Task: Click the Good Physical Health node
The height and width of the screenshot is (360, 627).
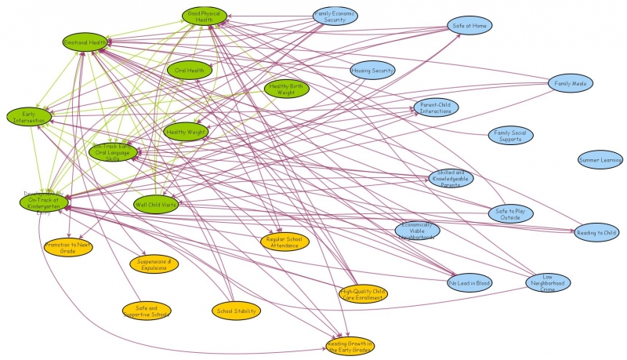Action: (205, 16)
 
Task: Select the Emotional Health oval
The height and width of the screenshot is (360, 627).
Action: (86, 42)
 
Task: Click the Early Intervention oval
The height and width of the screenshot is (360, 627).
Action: (29, 116)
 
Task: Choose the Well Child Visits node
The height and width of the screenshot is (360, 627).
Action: (156, 204)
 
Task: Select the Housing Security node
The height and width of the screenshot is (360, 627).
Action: (372, 71)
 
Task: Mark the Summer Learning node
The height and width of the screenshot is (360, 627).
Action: (600, 160)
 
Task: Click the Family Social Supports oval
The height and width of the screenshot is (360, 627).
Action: (510, 136)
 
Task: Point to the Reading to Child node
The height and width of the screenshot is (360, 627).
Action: (596, 233)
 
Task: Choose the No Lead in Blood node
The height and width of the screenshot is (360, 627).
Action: (470, 282)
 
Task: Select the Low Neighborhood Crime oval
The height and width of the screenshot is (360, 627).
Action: (548, 282)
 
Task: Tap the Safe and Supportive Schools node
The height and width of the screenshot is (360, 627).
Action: (146, 311)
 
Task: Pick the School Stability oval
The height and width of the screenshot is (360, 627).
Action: (236, 311)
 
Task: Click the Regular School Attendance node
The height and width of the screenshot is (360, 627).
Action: (285, 241)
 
